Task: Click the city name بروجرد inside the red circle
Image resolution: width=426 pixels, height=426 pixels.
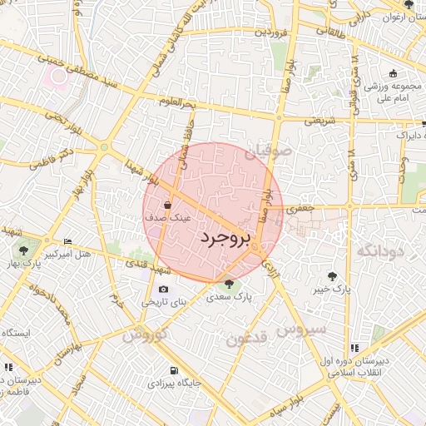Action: (225, 239)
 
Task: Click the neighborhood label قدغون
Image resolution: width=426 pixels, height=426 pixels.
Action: (246, 339)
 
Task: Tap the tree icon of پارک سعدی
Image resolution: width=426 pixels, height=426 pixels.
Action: (229, 284)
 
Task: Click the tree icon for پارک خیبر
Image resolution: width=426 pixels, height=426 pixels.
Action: (333, 275)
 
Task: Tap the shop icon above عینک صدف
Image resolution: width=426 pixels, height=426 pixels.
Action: (169, 204)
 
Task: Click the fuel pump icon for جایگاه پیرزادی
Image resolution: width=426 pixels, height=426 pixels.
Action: (173, 370)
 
